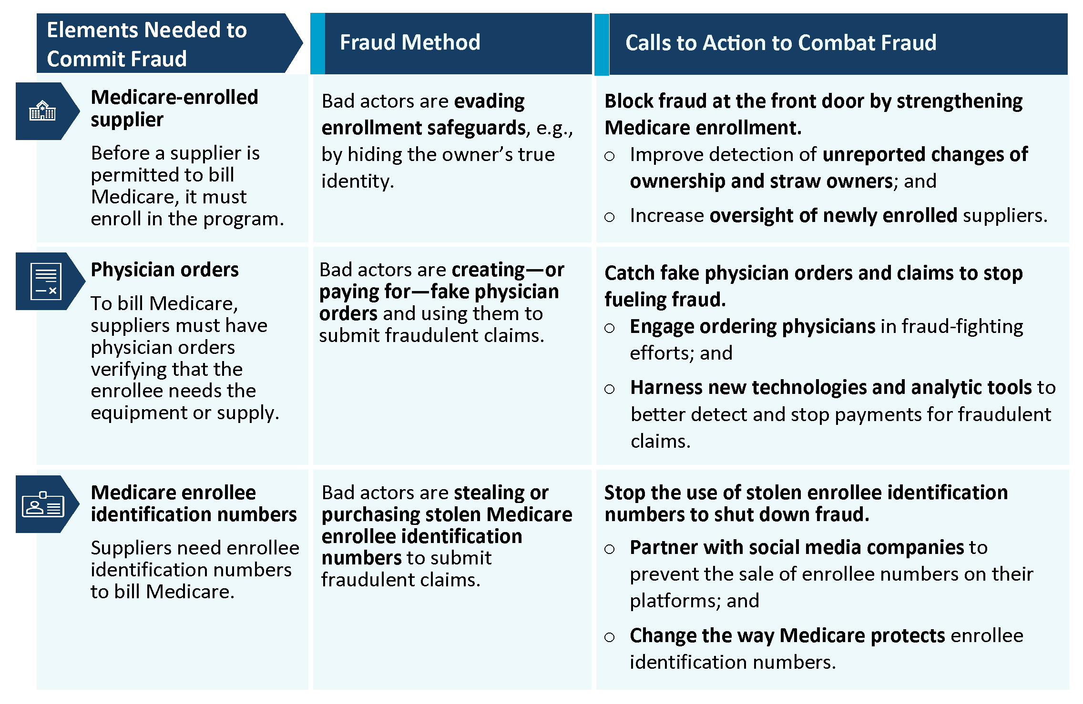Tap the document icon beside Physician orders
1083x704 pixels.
point(46,281)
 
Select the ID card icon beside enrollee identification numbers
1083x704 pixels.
point(43,504)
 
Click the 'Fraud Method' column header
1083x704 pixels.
point(410,42)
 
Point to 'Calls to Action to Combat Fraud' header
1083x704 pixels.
point(781,43)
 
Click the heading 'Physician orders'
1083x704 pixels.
point(164,270)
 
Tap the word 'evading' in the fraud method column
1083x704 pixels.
point(490,101)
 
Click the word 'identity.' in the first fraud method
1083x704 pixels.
point(358,181)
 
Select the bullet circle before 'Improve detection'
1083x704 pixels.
point(609,156)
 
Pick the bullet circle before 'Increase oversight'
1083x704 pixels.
point(609,217)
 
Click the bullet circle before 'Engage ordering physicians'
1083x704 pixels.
point(609,328)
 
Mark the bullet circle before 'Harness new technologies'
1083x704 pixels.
point(609,389)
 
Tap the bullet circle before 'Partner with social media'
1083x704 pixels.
point(609,549)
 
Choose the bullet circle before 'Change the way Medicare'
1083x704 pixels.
point(609,637)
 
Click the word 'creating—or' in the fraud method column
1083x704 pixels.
point(508,270)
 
